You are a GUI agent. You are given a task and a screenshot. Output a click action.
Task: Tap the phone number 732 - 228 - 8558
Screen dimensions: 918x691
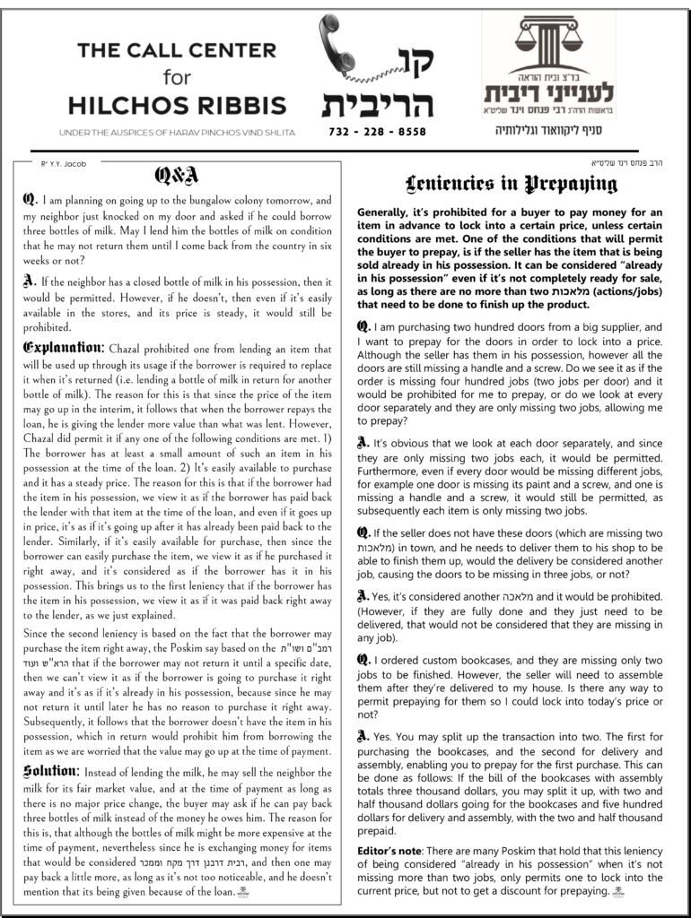click(x=378, y=131)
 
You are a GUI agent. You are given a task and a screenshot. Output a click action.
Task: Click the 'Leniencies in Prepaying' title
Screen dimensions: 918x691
click(x=512, y=185)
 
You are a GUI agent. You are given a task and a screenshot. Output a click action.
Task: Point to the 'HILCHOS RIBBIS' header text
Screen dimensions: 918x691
click(x=177, y=106)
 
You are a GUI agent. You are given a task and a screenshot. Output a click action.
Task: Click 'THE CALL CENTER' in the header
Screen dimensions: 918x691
click(x=177, y=50)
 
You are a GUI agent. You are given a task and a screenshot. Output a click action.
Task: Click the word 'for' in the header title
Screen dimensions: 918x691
click(x=177, y=78)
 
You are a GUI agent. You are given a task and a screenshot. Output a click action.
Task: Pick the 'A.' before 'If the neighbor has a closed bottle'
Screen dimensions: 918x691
click(x=30, y=279)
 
